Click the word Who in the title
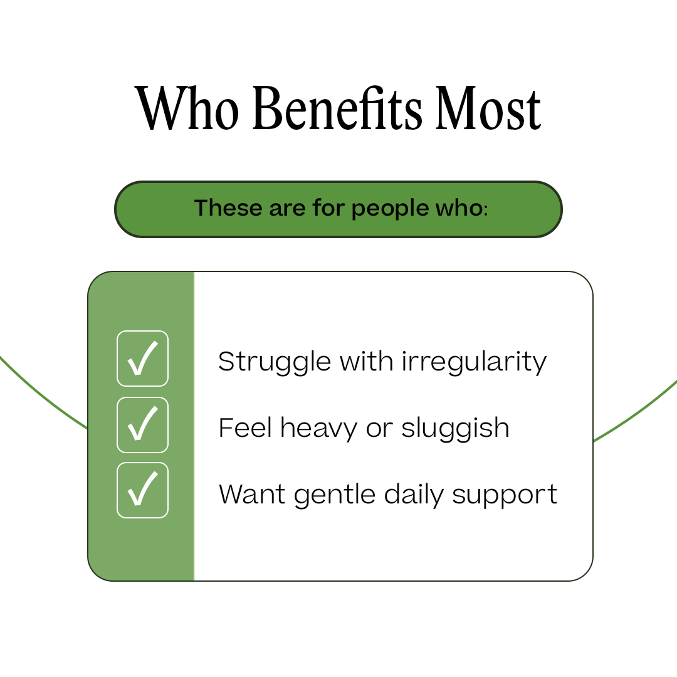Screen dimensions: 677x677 187,108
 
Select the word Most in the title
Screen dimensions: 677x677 488,108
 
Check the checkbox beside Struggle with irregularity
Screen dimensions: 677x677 143,359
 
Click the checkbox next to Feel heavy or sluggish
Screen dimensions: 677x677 143,425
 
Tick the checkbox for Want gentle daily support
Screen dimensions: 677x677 143,490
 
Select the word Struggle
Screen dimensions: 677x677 275,362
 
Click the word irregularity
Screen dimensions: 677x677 474,362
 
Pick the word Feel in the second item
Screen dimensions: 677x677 245,428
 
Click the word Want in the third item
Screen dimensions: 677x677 253,495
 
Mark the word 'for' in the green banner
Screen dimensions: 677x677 328,208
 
